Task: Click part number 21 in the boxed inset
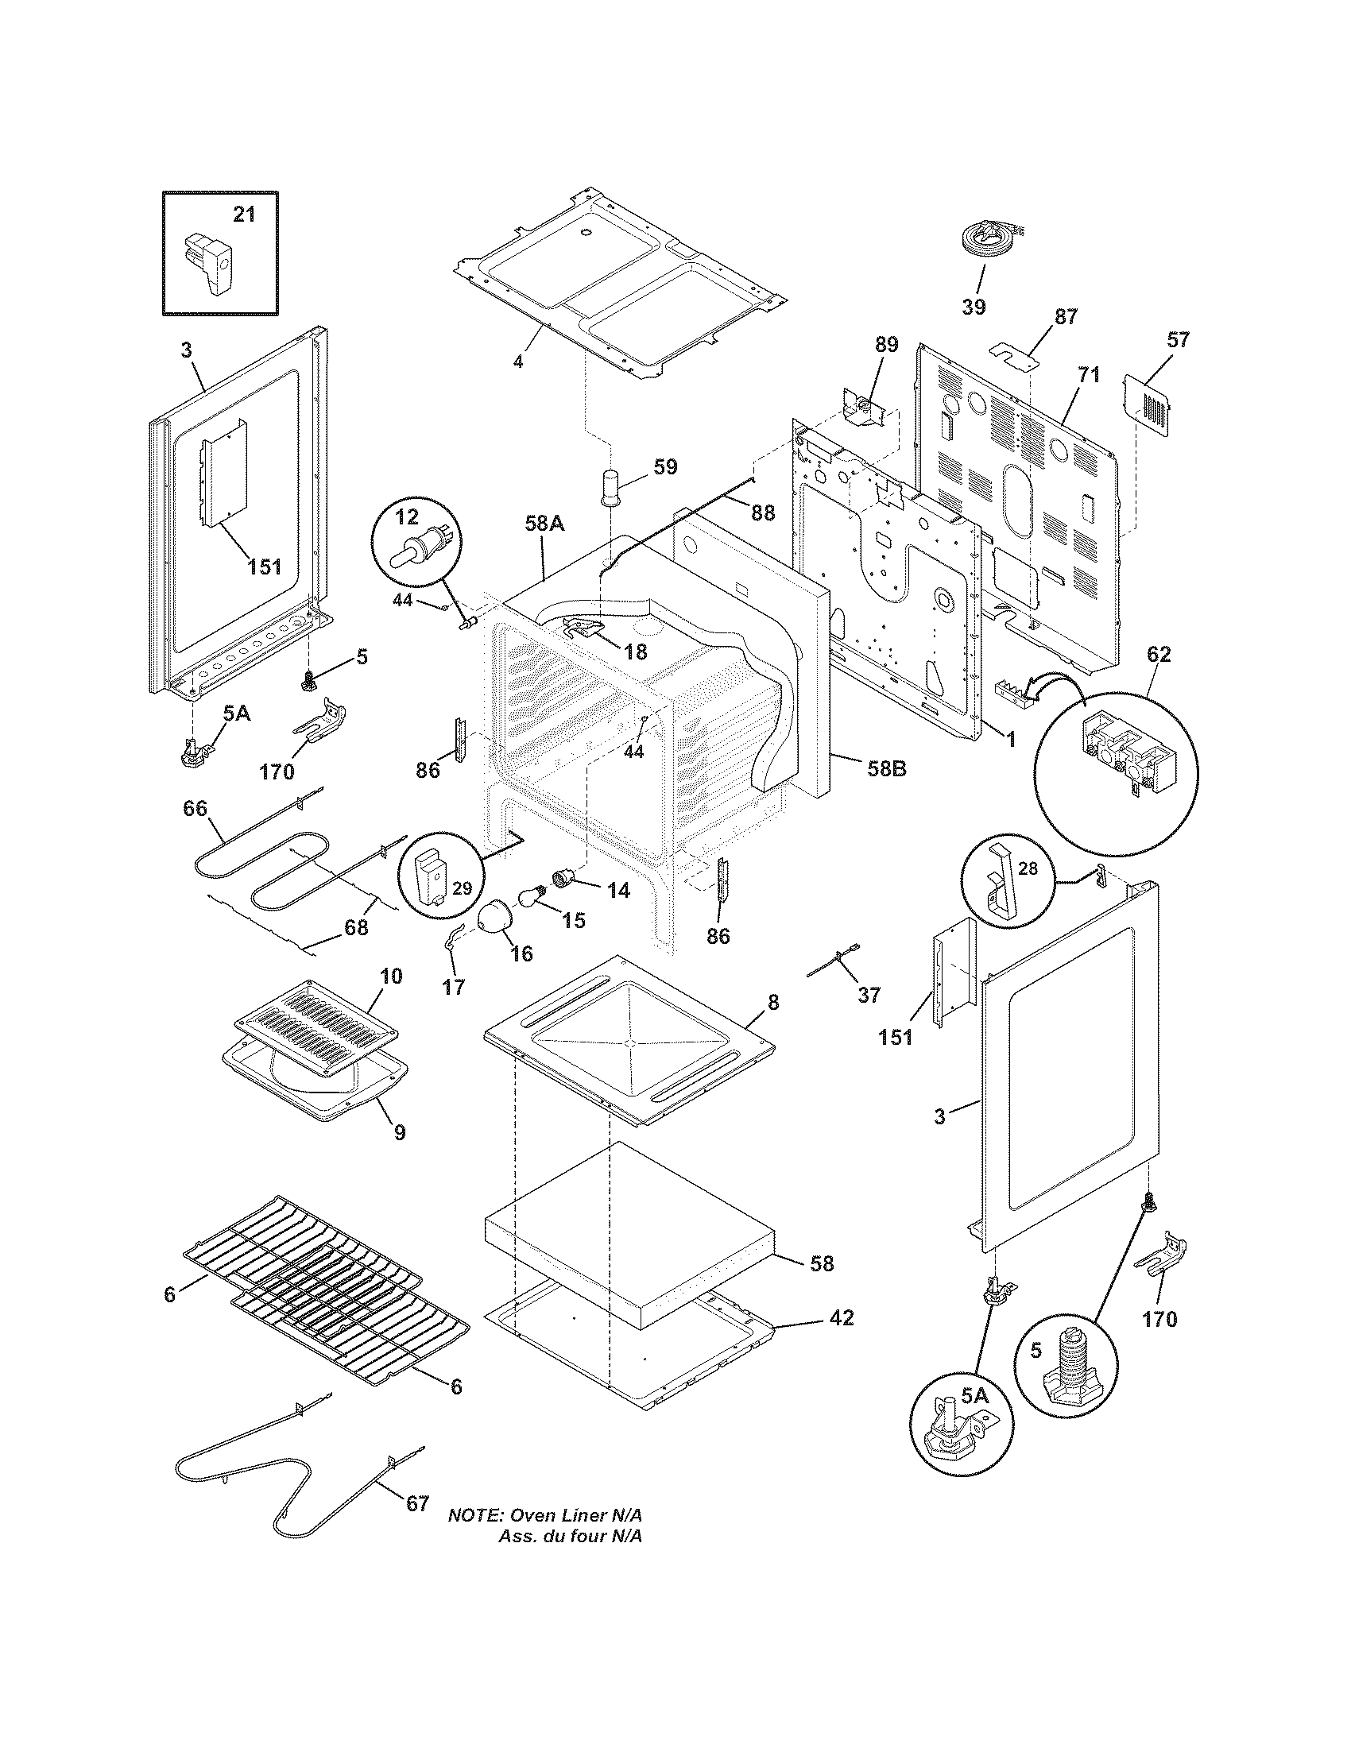244,215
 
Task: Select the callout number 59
665,466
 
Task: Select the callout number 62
1158,654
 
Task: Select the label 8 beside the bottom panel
772,1001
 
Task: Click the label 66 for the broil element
195,808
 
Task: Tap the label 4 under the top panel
518,362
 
